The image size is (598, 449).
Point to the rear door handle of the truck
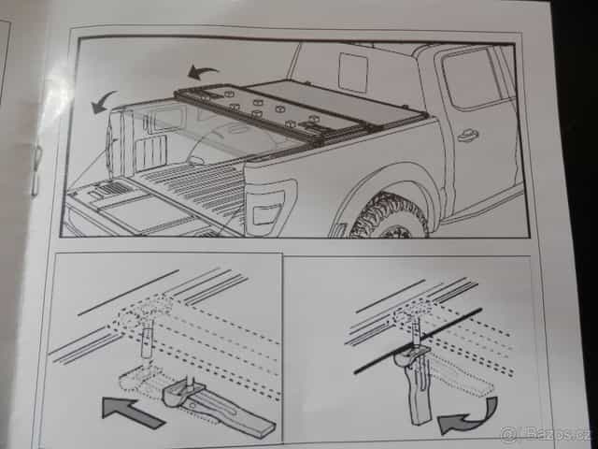coord(468,135)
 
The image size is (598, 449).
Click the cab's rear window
coord(352,72)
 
